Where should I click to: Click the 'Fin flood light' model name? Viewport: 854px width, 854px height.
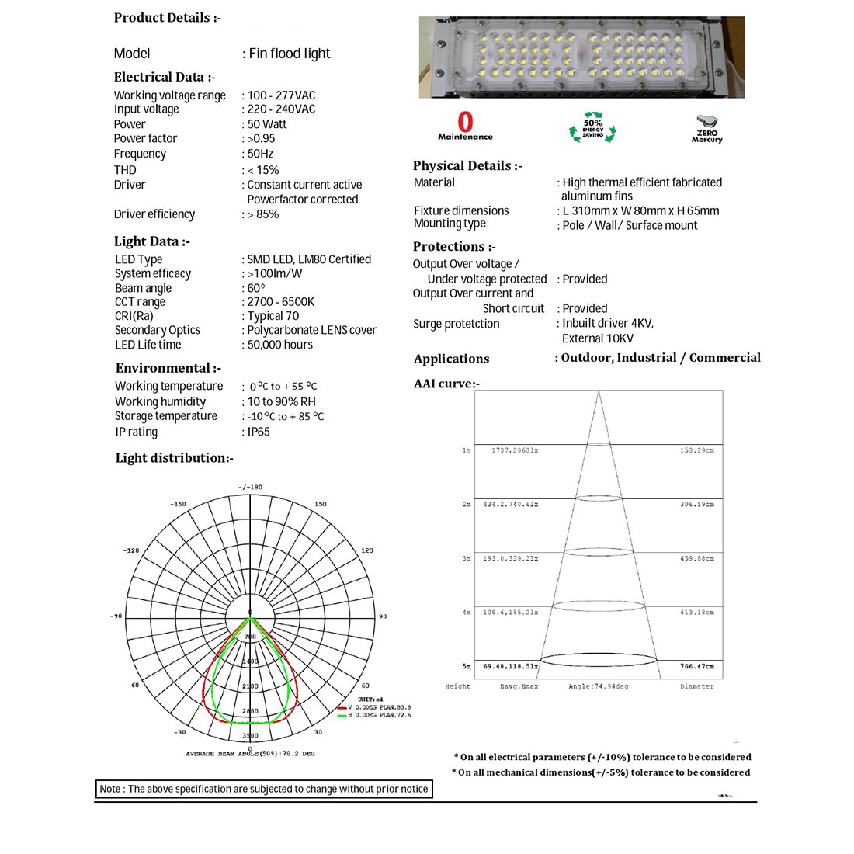click(289, 54)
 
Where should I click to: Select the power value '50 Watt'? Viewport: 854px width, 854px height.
click(267, 124)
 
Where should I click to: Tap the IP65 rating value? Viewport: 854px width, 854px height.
click(259, 432)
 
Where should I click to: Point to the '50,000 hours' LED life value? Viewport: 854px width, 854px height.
click(279, 345)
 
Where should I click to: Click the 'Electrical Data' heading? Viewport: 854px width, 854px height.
click(164, 77)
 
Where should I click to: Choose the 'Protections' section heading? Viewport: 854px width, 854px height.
click(453, 247)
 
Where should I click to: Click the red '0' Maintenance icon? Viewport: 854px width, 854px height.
click(465, 126)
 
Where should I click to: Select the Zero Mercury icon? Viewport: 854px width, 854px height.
click(706, 129)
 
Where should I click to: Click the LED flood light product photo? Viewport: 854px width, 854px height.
click(581, 57)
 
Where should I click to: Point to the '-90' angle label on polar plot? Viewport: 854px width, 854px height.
click(115, 616)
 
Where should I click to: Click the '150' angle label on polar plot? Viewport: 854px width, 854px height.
click(321, 505)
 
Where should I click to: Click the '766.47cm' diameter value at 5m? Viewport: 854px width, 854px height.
click(696, 667)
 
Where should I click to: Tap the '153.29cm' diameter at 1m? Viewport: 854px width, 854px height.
click(696, 450)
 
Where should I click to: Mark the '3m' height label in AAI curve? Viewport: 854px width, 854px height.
click(466, 559)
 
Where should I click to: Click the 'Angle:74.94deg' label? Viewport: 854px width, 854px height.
click(598, 686)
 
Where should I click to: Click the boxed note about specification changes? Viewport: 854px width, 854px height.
click(263, 789)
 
